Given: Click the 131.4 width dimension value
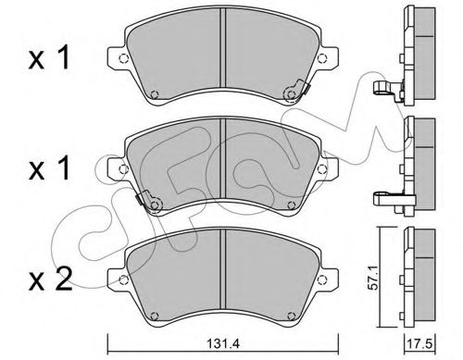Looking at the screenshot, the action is click(223, 343).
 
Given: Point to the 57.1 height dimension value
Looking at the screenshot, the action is click(374, 279).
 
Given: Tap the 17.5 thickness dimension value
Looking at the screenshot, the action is click(421, 343).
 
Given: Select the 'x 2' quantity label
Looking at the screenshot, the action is click(50, 279).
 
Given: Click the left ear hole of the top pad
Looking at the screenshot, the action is click(123, 58).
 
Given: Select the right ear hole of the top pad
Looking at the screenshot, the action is click(322, 58).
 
